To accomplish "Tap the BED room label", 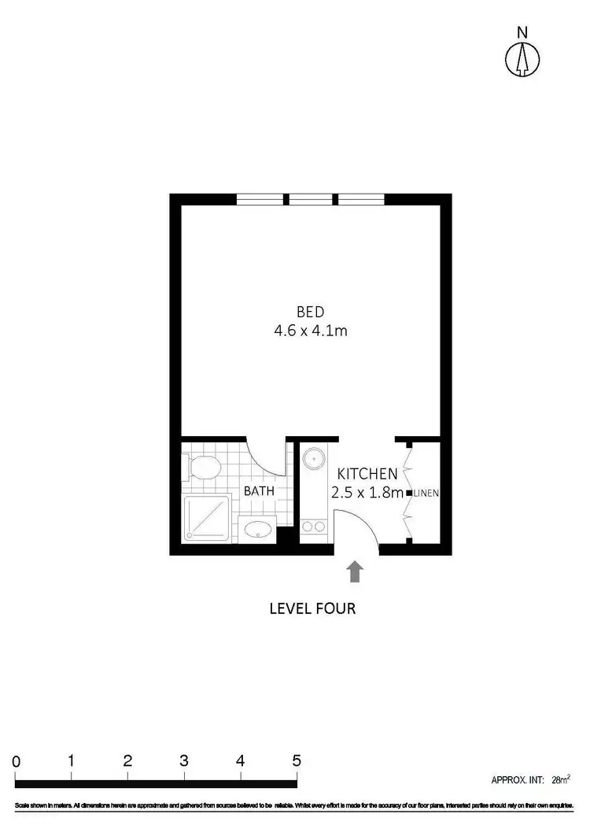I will pyautogui.click(x=310, y=311).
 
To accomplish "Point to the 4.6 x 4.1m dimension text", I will pyautogui.click(x=310, y=331).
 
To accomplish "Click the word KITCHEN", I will pyautogui.click(x=367, y=474).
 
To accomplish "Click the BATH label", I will pyautogui.click(x=259, y=490).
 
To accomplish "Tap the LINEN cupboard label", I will pyautogui.click(x=426, y=494).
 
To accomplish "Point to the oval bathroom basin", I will pyautogui.click(x=258, y=528).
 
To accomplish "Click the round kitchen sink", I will pyautogui.click(x=314, y=457).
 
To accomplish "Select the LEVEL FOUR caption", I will pyautogui.click(x=312, y=609).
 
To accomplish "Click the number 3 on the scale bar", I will pyautogui.click(x=183, y=761).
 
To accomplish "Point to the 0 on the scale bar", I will pyautogui.click(x=16, y=761).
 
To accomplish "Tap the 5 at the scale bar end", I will pyautogui.click(x=296, y=761).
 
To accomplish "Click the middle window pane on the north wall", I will pyautogui.click(x=311, y=199).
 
